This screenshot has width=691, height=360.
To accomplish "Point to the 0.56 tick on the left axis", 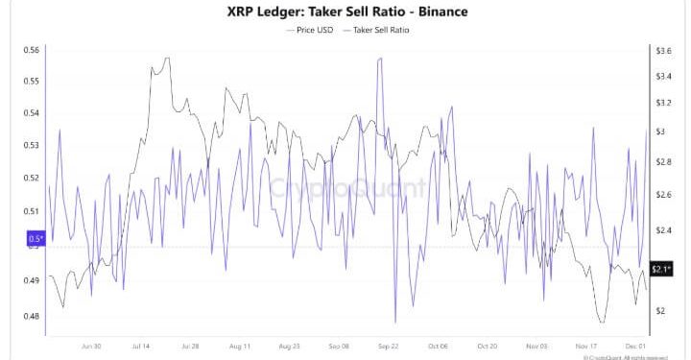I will pos(33,49).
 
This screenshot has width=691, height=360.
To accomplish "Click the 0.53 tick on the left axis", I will pos(33,146).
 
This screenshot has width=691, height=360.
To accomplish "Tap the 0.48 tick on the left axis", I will pos(33,316).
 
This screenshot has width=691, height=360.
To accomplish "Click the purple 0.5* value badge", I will pos(36,238).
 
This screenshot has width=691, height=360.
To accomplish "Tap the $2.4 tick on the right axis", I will pos(662,230).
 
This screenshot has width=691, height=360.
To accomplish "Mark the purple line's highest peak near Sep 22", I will pos(380,60).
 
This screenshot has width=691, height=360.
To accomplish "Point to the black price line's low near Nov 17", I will pos(601,323).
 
